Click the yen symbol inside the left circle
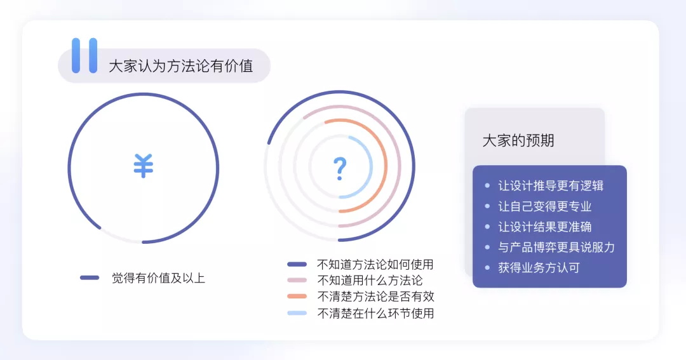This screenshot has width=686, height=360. [x=144, y=166]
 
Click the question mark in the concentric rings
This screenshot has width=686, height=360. [x=340, y=168]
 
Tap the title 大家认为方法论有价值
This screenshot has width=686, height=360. [x=181, y=66]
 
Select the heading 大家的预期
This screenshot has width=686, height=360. [x=518, y=140]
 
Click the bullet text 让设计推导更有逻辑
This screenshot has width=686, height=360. [x=551, y=186]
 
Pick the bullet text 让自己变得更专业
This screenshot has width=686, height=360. [x=545, y=206]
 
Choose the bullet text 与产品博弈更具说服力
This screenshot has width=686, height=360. [x=556, y=247]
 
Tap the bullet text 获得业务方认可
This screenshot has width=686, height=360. [x=539, y=267]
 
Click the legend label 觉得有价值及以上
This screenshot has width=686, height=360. [x=158, y=277]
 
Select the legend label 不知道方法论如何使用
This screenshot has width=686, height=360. [x=375, y=264]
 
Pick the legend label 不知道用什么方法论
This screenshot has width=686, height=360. [x=369, y=280]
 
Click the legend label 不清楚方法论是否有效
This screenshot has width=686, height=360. [x=375, y=297]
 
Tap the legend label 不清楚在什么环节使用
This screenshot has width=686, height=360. [x=375, y=313]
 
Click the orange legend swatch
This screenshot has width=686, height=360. [x=297, y=297]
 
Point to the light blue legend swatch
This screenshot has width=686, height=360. [x=297, y=313]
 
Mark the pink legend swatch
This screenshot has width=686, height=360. [x=297, y=280]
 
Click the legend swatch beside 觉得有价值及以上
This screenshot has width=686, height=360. [x=90, y=277]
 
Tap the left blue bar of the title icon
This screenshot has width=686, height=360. [x=76, y=55]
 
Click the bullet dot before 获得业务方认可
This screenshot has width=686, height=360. [x=487, y=267]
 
